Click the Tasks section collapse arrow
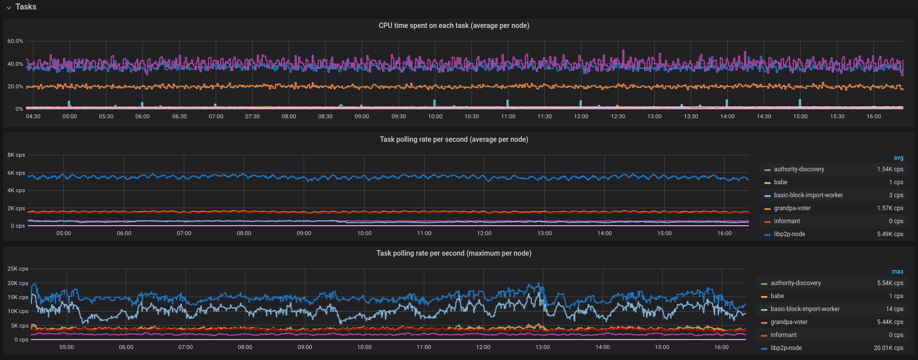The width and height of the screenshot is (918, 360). [x=8, y=7]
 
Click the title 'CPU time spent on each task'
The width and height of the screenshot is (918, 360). [x=454, y=25]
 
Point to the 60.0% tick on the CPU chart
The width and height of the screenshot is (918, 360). [x=15, y=41]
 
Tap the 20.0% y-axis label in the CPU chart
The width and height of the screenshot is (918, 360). [x=15, y=86]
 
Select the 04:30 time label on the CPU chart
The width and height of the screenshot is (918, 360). [x=33, y=116]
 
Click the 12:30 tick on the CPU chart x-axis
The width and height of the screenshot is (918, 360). [x=618, y=116]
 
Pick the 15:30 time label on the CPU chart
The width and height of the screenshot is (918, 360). [x=837, y=116]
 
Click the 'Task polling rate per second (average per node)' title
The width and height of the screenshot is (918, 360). [x=454, y=139]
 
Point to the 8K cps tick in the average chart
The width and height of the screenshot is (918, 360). [x=16, y=155]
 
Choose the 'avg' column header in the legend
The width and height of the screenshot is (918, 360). [x=898, y=158]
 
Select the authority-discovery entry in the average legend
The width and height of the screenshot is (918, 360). [x=799, y=169]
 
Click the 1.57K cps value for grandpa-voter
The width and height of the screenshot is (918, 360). [x=890, y=208]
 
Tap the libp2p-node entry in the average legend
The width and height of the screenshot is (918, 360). [x=789, y=234]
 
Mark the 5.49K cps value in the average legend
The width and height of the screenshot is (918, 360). [x=890, y=234]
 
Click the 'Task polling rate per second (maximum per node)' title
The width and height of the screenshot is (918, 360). [x=454, y=253]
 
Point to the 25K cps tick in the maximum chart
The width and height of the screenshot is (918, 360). [x=17, y=269]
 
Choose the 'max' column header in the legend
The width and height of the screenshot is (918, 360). [x=897, y=272]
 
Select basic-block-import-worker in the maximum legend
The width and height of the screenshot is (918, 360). [x=805, y=309]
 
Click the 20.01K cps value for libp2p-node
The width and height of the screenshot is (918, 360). [x=888, y=348]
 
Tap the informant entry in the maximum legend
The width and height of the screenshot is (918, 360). [x=783, y=335]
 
